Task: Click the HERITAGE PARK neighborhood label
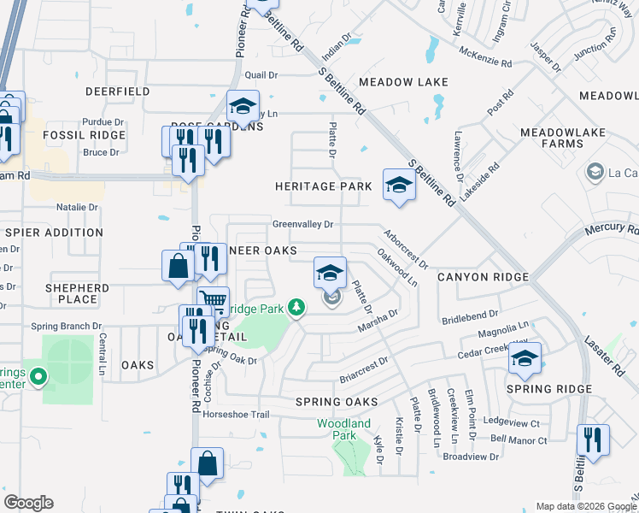(x=323, y=186)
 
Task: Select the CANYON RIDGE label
(x=483, y=278)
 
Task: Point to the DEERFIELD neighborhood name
(x=117, y=91)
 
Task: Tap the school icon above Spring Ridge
(x=525, y=360)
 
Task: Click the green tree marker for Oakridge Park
(x=296, y=307)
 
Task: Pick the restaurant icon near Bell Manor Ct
(x=592, y=441)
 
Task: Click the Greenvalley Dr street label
(x=302, y=225)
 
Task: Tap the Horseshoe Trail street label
(x=236, y=415)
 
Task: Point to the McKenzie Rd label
(x=484, y=63)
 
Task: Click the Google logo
(x=28, y=503)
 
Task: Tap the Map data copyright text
(x=585, y=506)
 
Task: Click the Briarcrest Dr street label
(x=363, y=368)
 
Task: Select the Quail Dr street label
(x=261, y=75)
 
